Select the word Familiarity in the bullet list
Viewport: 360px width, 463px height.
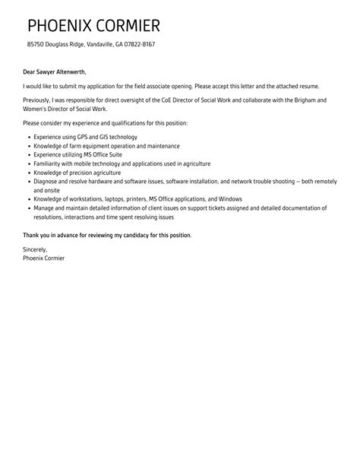click(49, 163)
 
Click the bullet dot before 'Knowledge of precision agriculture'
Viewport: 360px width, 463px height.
click(28, 173)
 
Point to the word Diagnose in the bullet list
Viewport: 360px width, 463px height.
click(47, 182)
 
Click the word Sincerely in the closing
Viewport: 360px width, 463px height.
click(35, 249)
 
